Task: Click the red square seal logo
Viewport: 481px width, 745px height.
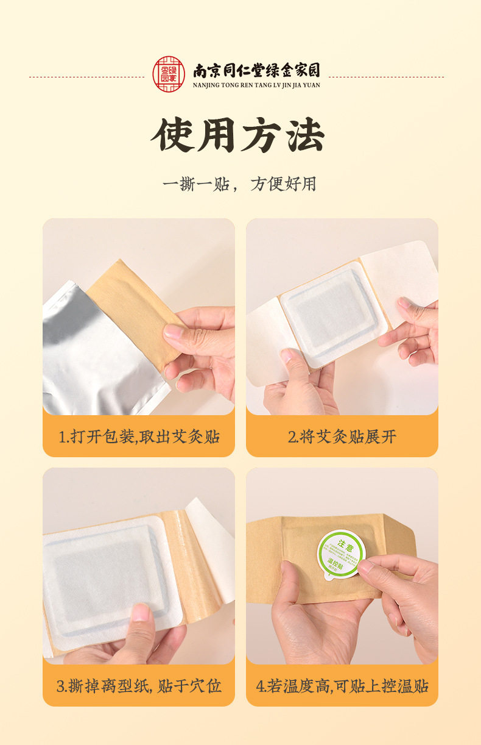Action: (x=168, y=74)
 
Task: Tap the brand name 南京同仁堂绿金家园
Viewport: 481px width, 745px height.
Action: (x=256, y=70)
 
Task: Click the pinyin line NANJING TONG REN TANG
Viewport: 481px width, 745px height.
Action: (x=256, y=85)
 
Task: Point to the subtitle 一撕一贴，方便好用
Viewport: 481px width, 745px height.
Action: (x=239, y=184)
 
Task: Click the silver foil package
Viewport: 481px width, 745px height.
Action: (x=91, y=354)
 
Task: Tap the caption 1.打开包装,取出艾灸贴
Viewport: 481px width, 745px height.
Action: (x=139, y=437)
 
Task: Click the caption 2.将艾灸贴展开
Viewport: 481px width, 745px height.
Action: (x=342, y=437)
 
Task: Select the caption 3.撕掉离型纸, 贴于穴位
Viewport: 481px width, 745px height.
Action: (x=139, y=686)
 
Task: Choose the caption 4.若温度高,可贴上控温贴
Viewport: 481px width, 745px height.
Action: (x=342, y=686)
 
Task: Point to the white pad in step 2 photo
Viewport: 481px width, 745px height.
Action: (x=329, y=314)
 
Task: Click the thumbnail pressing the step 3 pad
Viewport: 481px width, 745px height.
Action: (x=141, y=611)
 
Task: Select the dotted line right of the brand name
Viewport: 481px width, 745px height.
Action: (x=386, y=77)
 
